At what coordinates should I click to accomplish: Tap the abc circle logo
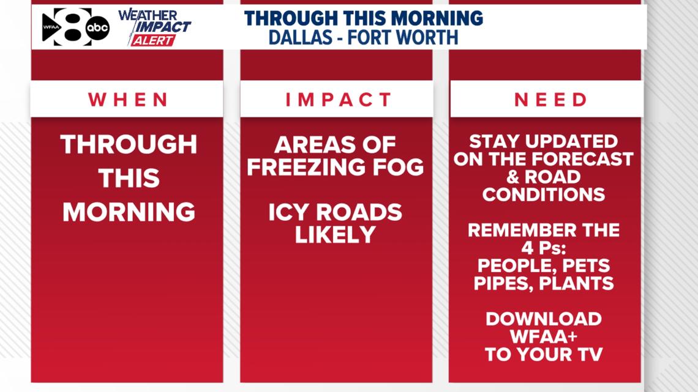pyautogui.click(x=97, y=28)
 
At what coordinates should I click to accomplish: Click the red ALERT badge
pyautogui.click(x=152, y=40)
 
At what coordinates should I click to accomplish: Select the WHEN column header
pyautogui.click(x=128, y=100)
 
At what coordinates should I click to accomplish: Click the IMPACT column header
pyautogui.click(x=339, y=100)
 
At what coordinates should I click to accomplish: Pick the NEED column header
pyautogui.click(x=551, y=100)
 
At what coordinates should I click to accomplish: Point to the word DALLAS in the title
pyautogui.click(x=301, y=37)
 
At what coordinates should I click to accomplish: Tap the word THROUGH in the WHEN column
pyautogui.click(x=129, y=144)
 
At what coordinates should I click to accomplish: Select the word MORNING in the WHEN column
pyautogui.click(x=129, y=212)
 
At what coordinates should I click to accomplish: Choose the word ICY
pyautogui.click(x=288, y=212)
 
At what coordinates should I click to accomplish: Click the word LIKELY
pyautogui.click(x=335, y=235)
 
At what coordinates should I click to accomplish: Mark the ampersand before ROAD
pyautogui.click(x=513, y=177)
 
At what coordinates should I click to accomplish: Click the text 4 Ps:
pyautogui.click(x=544, y=248)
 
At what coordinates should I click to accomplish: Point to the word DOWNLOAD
pyautogui.click(x=544, y=319)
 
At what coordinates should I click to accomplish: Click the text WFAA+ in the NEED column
pyautogui.click(x=544, y=336)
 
